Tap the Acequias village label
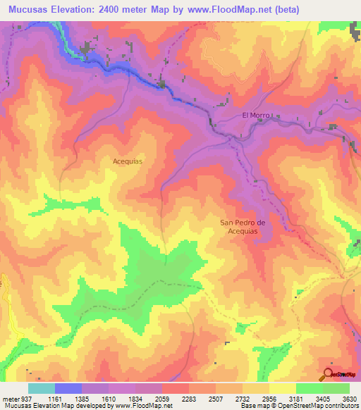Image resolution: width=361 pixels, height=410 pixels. tap(128, 161)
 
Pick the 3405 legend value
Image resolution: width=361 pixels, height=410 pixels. tap(324, 399)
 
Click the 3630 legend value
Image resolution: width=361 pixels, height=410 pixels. tap(349, 399)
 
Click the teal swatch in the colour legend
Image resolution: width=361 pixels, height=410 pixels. tap(42, 388)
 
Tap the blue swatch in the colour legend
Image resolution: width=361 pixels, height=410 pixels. tap(68, 388)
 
